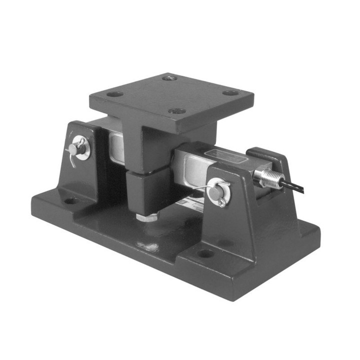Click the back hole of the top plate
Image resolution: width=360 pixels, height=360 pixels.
170,78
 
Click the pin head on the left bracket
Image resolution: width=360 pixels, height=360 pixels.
74,149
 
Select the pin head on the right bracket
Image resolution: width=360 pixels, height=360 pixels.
216,191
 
